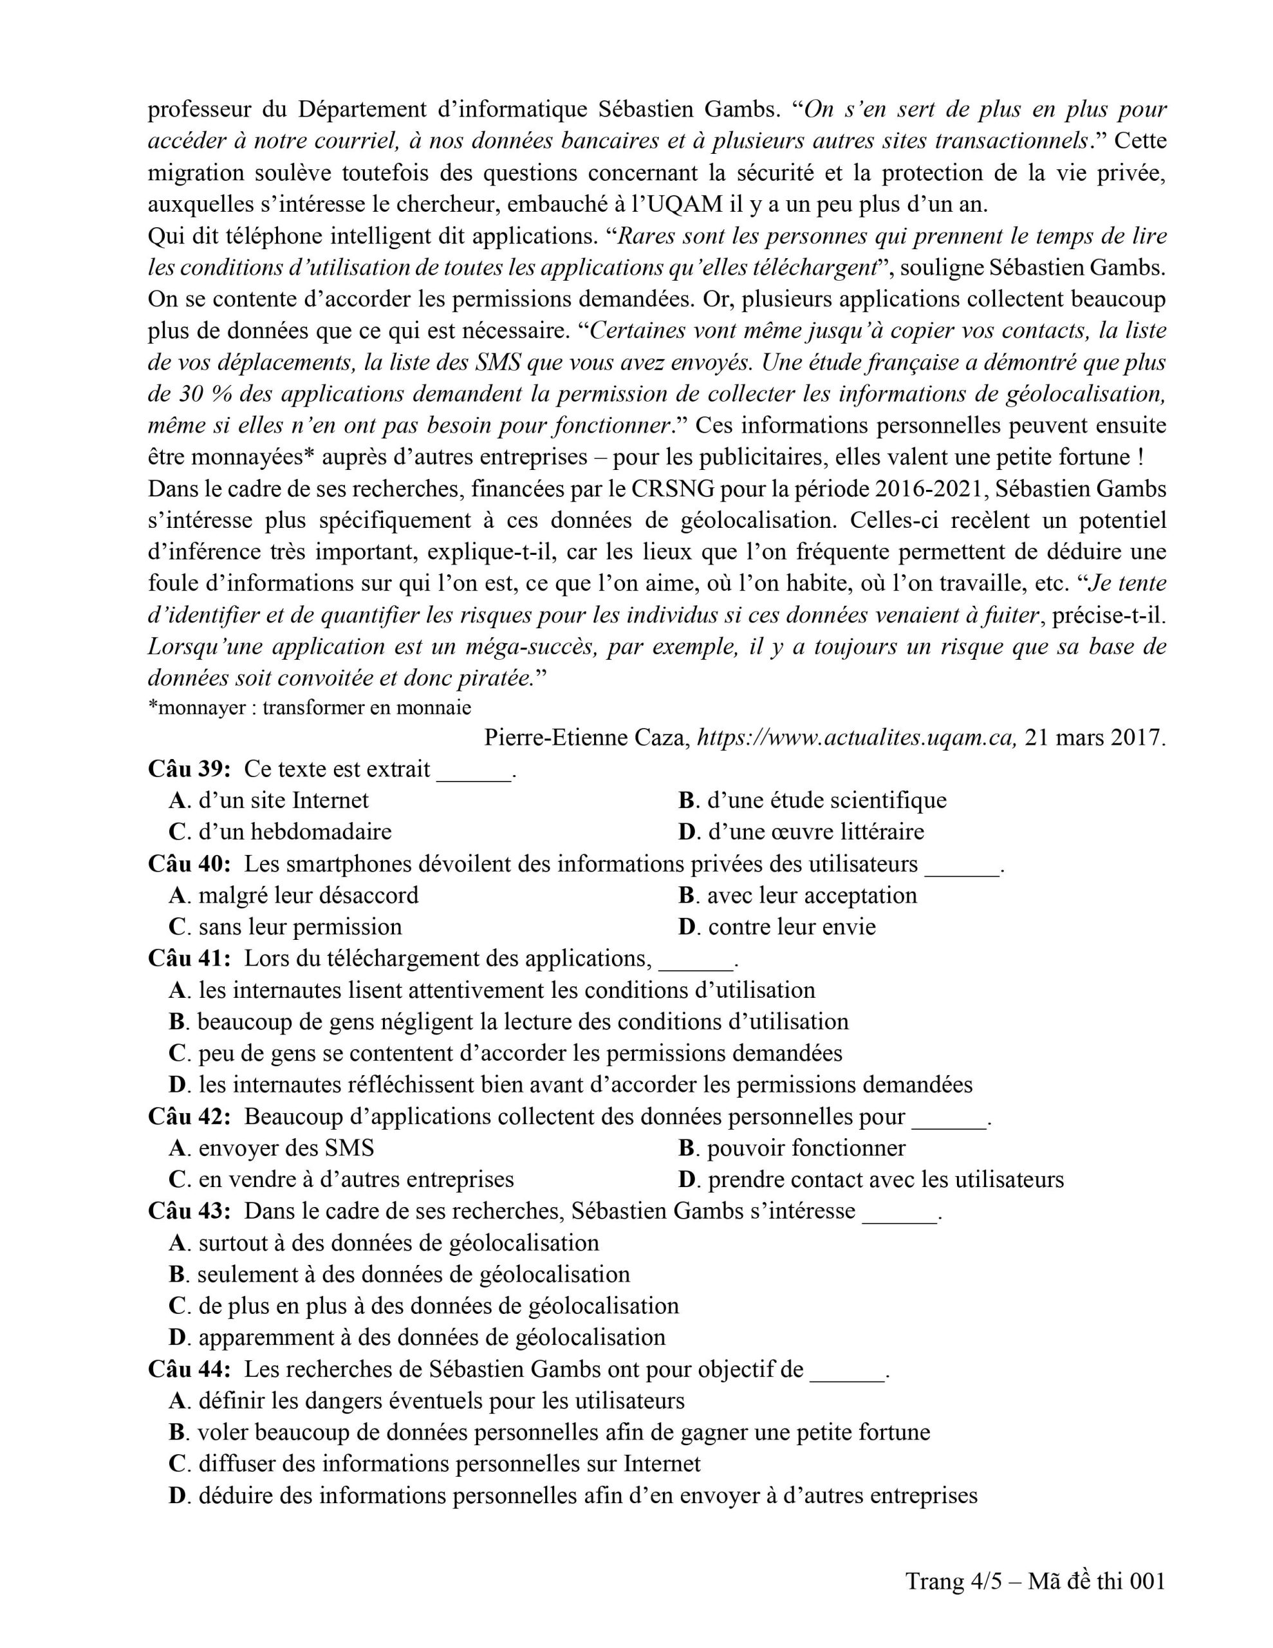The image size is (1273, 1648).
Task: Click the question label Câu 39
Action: click(x=189, y=769)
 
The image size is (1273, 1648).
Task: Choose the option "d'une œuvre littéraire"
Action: click(x=815, y=832)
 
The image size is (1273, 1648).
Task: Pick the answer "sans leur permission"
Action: click(x=299, y=926)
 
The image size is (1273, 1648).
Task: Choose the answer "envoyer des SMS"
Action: click(x=286, y=1148)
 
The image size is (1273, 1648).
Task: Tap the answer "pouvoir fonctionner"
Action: click(x=806, y=1148)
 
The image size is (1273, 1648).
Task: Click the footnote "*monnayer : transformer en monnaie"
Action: click(x=310, y=707)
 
